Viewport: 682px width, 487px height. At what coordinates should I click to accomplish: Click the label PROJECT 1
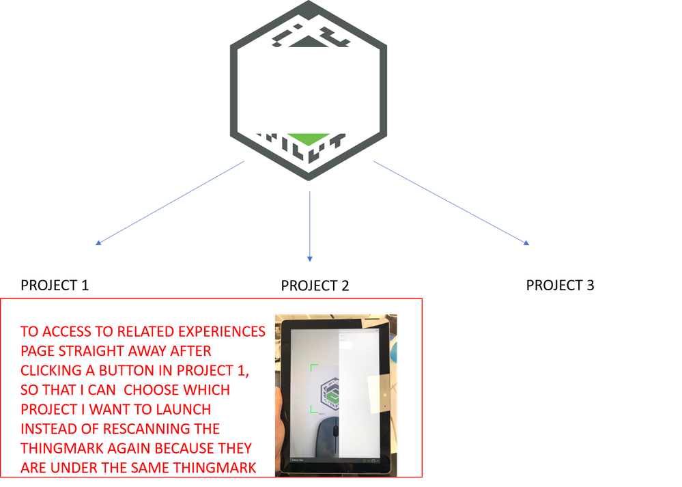pos(55,285)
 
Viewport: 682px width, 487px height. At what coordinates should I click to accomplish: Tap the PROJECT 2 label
pos(315,286)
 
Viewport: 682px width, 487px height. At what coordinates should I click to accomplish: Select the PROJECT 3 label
pos(560,285)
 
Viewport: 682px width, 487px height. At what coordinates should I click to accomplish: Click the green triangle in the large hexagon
pos(308,139)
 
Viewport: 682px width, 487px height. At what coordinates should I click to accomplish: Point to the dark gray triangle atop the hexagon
pos(308,41)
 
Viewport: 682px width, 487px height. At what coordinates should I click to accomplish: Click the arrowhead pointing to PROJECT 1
pos(98,243)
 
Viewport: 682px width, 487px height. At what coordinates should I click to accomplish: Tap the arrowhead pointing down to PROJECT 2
pos(310,259)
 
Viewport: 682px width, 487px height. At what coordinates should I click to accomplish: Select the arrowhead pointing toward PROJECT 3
pos(527,243)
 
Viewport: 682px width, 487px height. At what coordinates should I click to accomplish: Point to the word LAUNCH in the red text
pos(184,410)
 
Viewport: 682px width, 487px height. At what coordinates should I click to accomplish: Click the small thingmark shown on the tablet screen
pos(330,393)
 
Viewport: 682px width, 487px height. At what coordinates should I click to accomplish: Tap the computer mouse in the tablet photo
pos(328,436)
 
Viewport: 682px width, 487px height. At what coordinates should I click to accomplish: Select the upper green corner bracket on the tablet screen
pos(314,367)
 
